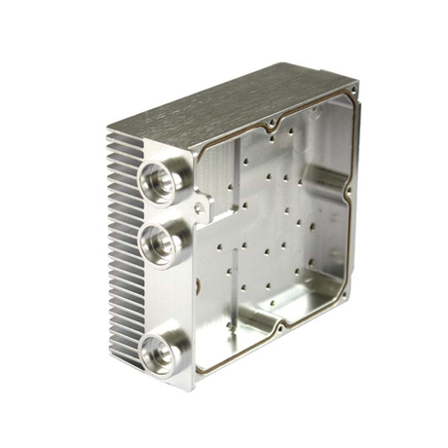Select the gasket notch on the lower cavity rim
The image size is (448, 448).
pyautogui.click(x=278, y=326)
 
